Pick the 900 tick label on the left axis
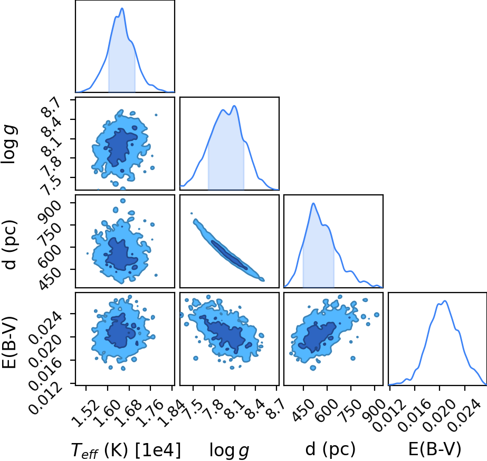tap(50, 210)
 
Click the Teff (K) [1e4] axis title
tap(126, 449)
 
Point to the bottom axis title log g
tap(229, 450)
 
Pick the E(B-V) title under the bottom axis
tap(435, 449)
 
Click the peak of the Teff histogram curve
tap(122, 8)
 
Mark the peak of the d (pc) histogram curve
tap(313, 203)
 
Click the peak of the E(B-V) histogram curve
tap(445, 301)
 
